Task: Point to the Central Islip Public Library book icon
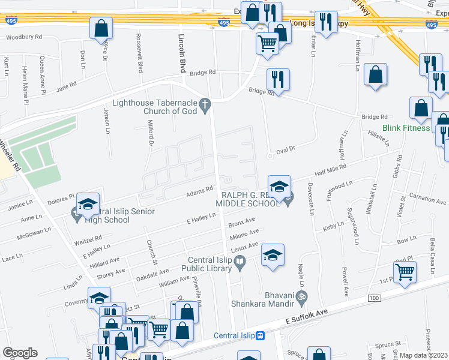click(240, 262)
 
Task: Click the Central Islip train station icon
click(260, 335)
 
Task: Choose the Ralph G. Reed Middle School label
click(251, 199)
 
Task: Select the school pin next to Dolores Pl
click(88, 205)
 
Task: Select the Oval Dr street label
click(285, 149)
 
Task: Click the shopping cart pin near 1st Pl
click(405, 271)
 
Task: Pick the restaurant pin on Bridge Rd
click(278, 79)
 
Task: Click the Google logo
click(20, 353)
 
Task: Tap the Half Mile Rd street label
click(327, 172)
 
